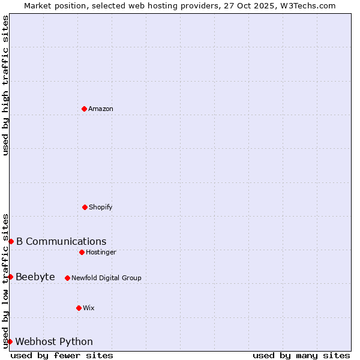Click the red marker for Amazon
tap(84, 109)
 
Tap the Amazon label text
tap(101, 109)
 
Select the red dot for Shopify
tap(85, 207)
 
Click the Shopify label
tap(101, 208)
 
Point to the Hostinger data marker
tap(82, 252)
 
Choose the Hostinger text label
tap(101, 253)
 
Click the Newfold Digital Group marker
tap(67, 278)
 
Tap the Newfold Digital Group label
tap(106, 278)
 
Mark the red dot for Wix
tap(79, 308)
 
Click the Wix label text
tap(89, 308)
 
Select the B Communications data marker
tap(11, 241)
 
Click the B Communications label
tap(61, 242)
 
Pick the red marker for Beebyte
tap(10, 277)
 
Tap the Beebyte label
tap(35, 277)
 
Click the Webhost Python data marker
tap(10, 341)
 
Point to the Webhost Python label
tap(54, 342)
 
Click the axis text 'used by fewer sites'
tap(62, 355)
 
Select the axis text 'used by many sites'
tap(301, 355)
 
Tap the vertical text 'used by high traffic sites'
tap(6, 85)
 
